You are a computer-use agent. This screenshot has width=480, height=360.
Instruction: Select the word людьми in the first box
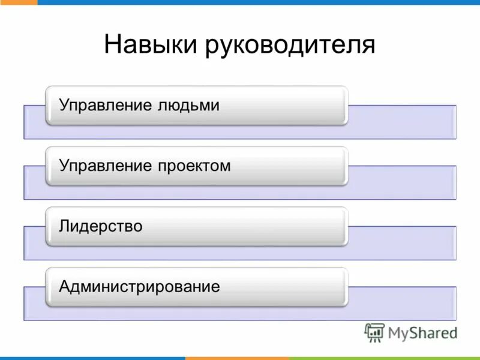[190, 106]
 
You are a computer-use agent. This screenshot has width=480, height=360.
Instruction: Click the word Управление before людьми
[106, 106]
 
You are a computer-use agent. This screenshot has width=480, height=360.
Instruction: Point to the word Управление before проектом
[106, 166]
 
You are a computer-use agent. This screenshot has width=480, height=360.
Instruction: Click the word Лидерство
[101, 226]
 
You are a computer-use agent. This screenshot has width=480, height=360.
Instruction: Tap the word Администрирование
[140, 287]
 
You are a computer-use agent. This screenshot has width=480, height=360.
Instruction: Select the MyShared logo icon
[374, 332]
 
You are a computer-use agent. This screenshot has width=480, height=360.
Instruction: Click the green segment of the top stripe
[18, 2]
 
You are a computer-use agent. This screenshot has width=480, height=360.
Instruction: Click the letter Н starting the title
[112, 46]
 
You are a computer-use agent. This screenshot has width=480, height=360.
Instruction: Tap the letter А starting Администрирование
[65, 287]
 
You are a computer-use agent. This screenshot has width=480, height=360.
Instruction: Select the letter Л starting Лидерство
[64, 227]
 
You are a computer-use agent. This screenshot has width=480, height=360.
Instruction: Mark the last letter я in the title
[368, 46]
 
